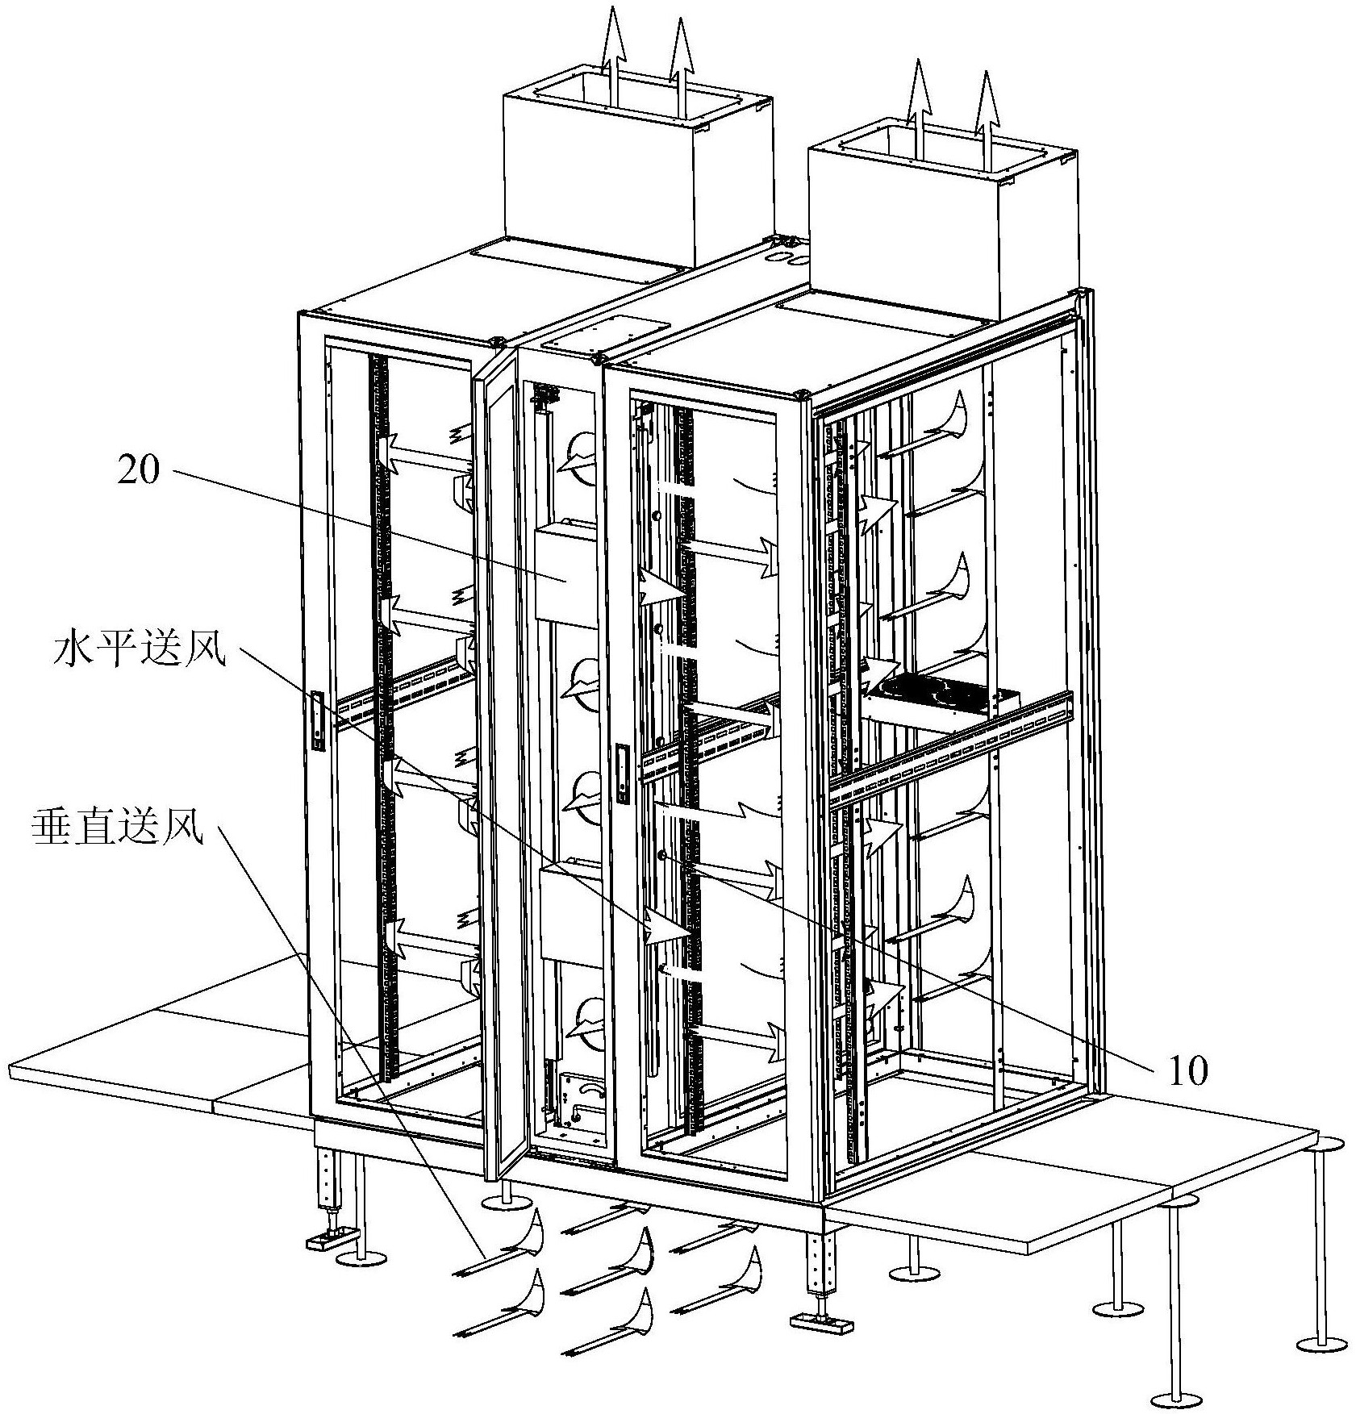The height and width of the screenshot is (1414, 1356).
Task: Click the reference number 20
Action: [x=140, y=470]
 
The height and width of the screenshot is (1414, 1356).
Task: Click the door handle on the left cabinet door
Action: [x=318, y=720]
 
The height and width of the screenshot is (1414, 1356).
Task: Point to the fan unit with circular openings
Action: [x=940, y=698]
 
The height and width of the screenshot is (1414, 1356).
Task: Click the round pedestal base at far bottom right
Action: [x=1322, y=1345]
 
